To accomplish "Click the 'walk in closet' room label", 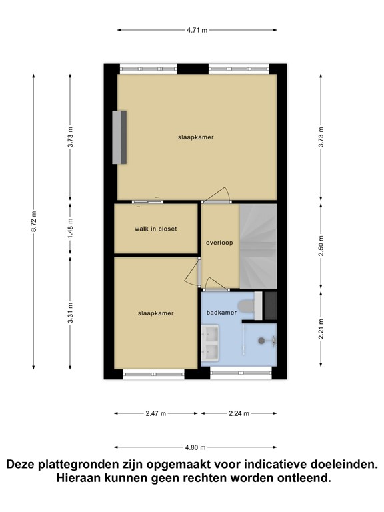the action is pyautogui.click(x=155, y=229).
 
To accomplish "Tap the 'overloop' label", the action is pyautogui.click(x=219, y=243).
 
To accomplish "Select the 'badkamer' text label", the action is pyautogui.click(x=221, y=313).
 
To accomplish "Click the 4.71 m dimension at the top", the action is pyautogui.click(x=197, y=30).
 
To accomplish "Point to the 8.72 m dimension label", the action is pyautogui.click(x=33, y=222).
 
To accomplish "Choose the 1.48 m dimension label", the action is pyautogui.click(x=70, y=228).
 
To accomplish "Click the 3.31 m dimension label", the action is pyautogui.click(x=70, y=313).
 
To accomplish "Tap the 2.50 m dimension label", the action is pyautogui.click(x=321, y=246).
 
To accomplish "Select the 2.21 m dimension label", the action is pyautogui.click(x=321, y=329).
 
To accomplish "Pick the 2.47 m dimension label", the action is pyautogui.click(x=156, y=413).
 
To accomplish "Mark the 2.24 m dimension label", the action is pyautogui.click(x=239, y=413).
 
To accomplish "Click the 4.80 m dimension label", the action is pyautogui.click(x=195, y=447).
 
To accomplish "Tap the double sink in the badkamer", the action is pyautogui.click(x=210, y=343).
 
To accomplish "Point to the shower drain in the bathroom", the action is pyautogui.click(x=261, y=340).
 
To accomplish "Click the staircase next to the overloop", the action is pyautogui.click(x=258, y=246).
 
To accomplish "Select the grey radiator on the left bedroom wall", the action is pyautogui.click(x=119, y=137).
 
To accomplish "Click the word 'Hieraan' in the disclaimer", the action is pyautogui.click(x=79, y=478).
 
